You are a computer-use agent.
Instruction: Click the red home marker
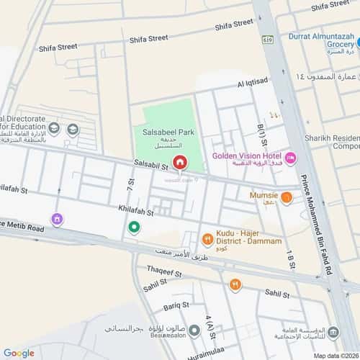[x=179, y=163]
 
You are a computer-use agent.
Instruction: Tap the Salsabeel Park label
[x=166, y=132]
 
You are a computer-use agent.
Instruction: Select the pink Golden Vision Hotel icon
[x=291, y=158]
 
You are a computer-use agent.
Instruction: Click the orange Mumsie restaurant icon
[x=287, y=197]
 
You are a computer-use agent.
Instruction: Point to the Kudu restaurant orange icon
[x=207, y=240]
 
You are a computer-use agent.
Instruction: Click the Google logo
[x=19, y=352]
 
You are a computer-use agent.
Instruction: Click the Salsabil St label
[x=150, y=166]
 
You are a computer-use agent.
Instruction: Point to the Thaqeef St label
[x=163, y=271]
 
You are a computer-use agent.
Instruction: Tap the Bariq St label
[x=176, y=306]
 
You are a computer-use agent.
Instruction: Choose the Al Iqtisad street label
[x=252, y=84]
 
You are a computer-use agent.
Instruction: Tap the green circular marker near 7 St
[x=133, y=228]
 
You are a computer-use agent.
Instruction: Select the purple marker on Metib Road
[x=57, y=219]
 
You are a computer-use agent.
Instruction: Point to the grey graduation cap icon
[x=72, y=130]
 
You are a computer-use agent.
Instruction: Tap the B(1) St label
[x=261, y=136]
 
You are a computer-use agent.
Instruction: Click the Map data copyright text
[x=333, y=354]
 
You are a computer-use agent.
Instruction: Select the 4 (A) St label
[x=210, y=328]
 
